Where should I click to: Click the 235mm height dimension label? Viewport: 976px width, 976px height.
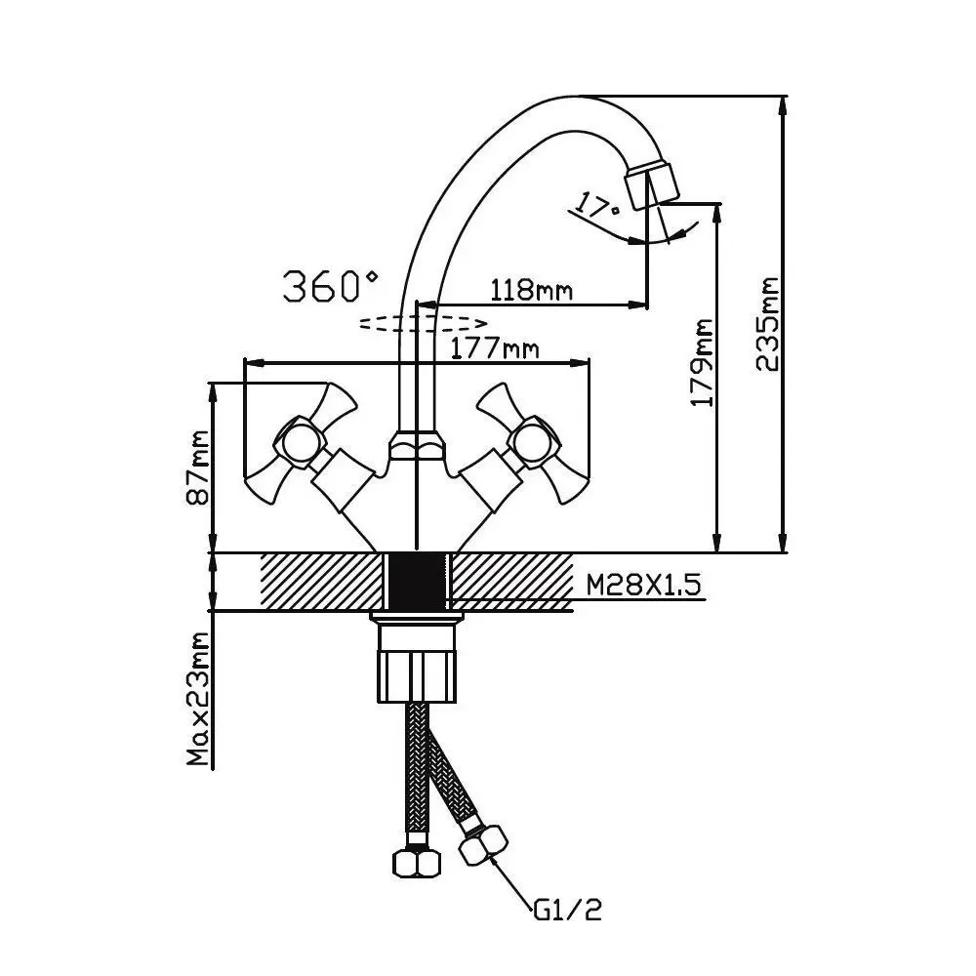click(x=767, y=324)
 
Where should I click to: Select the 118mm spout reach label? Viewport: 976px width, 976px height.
click(x=530, y=290)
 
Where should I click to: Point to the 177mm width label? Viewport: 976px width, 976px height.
click(x=495, y=346)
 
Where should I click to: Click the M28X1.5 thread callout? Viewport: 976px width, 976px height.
click(x=643, y=585)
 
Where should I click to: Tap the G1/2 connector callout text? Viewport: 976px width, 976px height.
click(x=568, y=911)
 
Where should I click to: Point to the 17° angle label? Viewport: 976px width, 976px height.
click(x=597, y=207)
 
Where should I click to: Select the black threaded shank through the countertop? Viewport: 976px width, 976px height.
click(x=418, y=583)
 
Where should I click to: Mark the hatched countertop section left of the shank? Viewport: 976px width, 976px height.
click(x=322, y=583)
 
